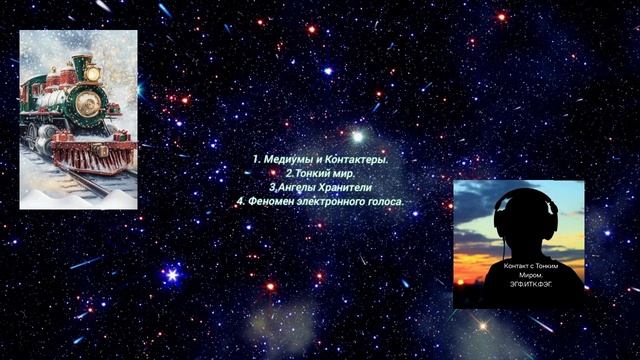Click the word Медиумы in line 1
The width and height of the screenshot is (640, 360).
[x=289, y=159]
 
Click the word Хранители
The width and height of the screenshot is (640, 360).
[x=344, y=187]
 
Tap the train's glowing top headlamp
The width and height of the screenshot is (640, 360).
[x=93, y=74]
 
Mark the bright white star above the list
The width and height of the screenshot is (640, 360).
[x=357, y=136]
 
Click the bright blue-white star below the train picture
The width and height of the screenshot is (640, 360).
[x=172, y=273]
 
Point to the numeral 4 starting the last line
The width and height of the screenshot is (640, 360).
[x=240, y=201]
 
